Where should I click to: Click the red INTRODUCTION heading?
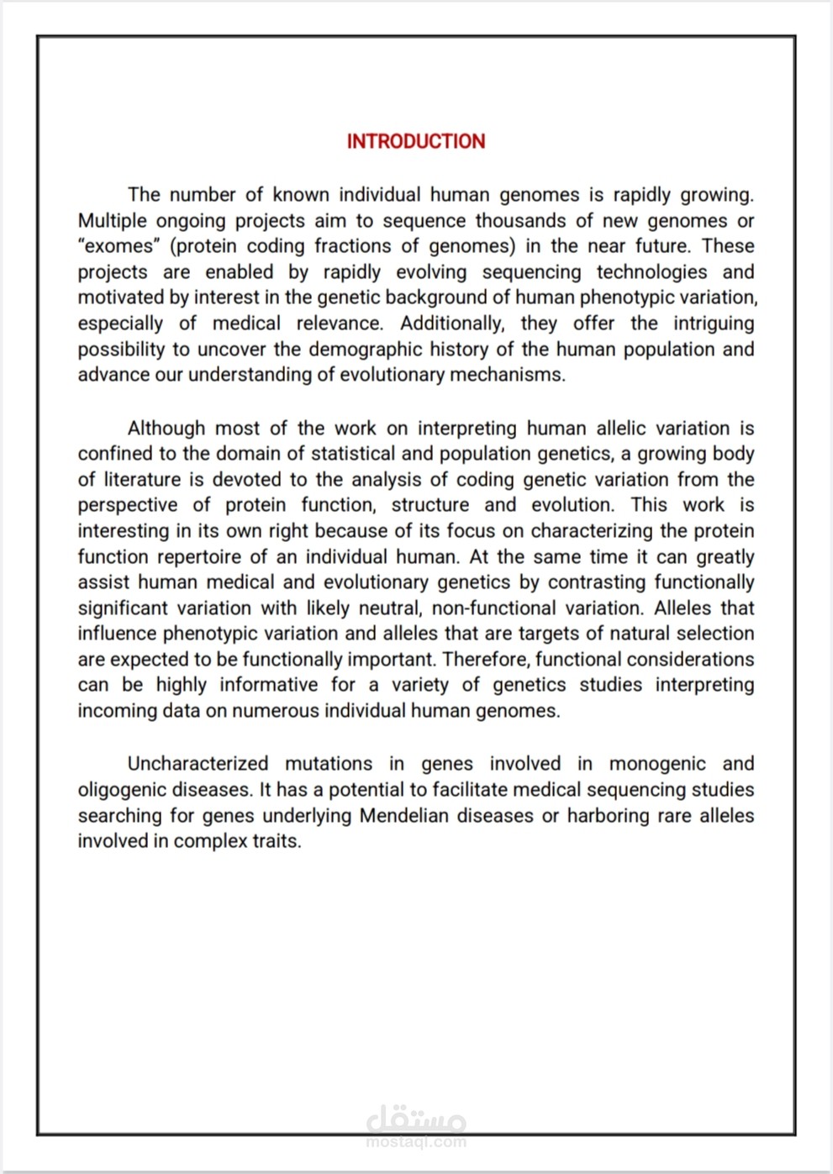[416, 141]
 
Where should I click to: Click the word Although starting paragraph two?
[166, 429]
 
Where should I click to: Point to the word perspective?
[128, 505]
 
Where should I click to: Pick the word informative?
[269, 685]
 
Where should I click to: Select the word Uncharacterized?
[198, 764]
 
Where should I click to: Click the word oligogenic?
[119, 790]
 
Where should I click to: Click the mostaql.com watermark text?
[416, 1142]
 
